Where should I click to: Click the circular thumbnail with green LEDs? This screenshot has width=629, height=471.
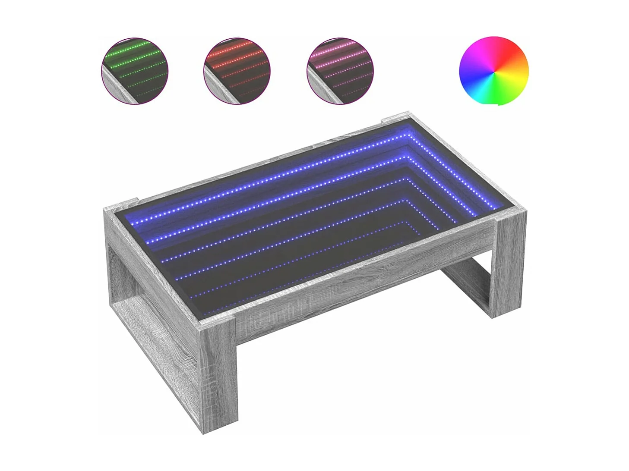pyautogui.click(x=134, y=71)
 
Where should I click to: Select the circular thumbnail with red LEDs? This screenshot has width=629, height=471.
pyautogui.click(x=237, y=71)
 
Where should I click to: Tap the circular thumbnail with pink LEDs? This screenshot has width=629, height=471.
pyautogui.click(x=340, y=71)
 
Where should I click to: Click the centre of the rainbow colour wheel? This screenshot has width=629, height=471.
pyautogui.click(x=493, y=71)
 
